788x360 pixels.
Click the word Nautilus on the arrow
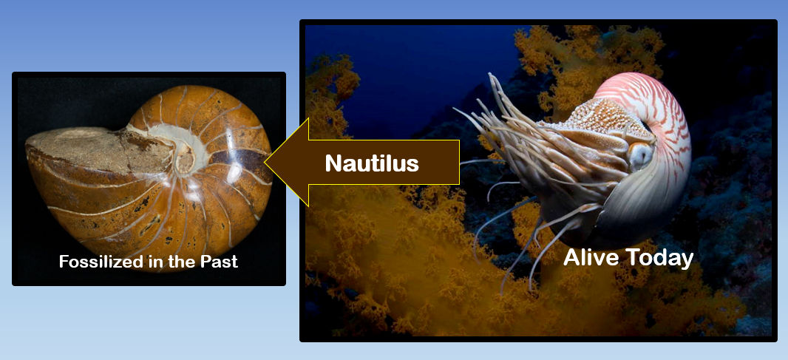pyautogui.click(x=372, y=163)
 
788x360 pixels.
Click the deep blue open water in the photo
pyautogui.click(x=414, y=67)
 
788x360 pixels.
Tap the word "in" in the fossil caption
pyautogui.click(x=154, y=262)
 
